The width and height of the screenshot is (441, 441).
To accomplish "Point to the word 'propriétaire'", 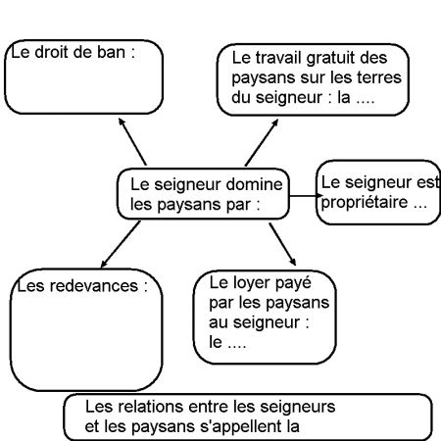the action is [x=365, y=203].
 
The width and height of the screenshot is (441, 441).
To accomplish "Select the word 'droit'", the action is [x=51, y=52].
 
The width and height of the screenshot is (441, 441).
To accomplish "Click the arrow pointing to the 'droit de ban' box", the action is [x=132, y=141].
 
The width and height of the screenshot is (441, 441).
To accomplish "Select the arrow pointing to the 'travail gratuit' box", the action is [x=262, y=142].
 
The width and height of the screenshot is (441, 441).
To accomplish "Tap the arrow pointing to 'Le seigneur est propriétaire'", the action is [x=306, y=196].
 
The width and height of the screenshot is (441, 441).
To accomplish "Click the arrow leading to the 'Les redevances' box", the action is [x=121, y=244].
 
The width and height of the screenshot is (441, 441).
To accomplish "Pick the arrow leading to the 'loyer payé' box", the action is [x=282, y=244].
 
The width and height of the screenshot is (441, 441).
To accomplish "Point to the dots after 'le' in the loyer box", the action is [x=237, y=346].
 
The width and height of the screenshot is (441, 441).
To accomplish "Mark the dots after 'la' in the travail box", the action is [x=366, y=101].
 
